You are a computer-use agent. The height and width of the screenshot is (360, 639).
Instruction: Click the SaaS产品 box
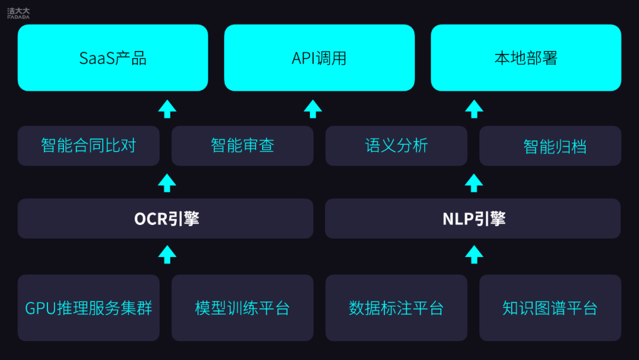pos(113,57)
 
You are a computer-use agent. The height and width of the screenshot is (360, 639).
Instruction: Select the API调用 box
pos(319,57)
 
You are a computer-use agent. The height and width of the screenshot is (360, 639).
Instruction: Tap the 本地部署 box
pos(526,57)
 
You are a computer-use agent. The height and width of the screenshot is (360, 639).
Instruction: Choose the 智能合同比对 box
pos(88,146)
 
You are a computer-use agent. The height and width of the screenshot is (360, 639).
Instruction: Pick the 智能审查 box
pos(243,146)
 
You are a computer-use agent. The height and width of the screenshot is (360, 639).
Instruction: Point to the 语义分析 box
pos(396,146)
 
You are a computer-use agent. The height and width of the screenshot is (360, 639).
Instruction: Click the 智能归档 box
pos(550,146)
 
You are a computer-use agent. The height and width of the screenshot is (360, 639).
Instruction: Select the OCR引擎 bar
pos(166,218)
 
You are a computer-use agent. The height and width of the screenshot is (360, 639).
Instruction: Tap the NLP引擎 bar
pos(473,218)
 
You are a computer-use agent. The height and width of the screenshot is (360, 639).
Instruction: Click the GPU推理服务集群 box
pos(88,308)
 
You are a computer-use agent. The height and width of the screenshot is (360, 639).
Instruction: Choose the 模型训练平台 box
pos(243,308)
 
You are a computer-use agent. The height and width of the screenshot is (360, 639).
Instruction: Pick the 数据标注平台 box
pos(396,308)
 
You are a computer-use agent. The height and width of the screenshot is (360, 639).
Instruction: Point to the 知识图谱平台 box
pos(550,308)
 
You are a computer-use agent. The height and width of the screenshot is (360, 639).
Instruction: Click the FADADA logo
pos(18,13)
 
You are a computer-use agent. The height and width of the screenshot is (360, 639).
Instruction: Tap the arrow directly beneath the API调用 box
pos(313,109)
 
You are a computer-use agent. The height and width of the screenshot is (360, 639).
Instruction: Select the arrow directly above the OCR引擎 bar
pos(167,183)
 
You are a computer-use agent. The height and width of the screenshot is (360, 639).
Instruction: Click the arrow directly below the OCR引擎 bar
pos(167,255)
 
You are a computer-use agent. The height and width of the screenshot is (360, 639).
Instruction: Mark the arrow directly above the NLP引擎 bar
pos(474,183)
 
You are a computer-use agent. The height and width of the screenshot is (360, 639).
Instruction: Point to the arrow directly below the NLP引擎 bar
pos(474,255)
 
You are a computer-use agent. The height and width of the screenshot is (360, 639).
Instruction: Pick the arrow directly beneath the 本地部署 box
pos(474,109)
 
